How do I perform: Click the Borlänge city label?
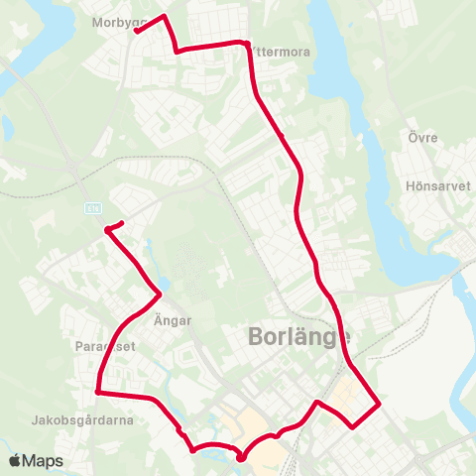coord(298,340)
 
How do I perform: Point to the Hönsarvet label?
coord(435,185)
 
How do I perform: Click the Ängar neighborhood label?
coord(173,320)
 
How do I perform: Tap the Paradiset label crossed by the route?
coord(104,347)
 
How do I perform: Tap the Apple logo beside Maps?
coord(14,461)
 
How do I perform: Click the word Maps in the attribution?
coord(43,461)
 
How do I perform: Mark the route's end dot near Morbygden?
coord(136,30)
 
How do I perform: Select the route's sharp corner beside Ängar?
coord(161,293)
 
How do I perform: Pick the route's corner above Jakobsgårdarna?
coord(97,392)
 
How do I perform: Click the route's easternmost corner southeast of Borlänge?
coord(380,405)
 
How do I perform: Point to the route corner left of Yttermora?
coord(176,51)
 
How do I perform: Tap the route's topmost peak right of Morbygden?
coord(163,17)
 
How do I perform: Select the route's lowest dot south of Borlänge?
coord(241,458)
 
